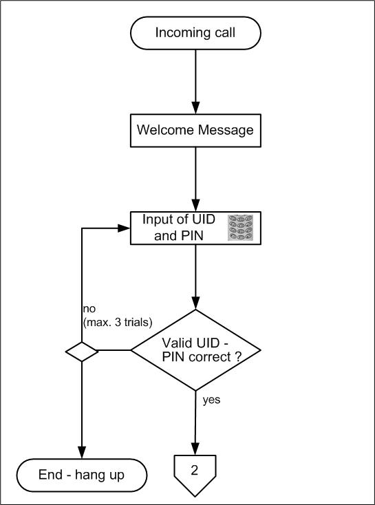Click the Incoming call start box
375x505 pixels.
pyautogui.click(x=195, y=33)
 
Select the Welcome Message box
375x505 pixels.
pyautogui.click(x=195, y=131)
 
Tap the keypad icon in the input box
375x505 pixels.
pyautogui.click(x=240, y=228)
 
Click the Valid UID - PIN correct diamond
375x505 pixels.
pyautogui.click(x=195, y=350)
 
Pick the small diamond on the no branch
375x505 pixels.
pyautogui.click(x=82, y=352)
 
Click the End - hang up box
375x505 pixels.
pyautogui.click(x=82, y=475)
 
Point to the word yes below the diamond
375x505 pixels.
pyautogui.click(x=211, y=400)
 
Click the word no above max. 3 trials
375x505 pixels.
pyautogui.click(x=89, y=309)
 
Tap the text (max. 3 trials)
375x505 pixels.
pyautogui.click(x=118, y=323)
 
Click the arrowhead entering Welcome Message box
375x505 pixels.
pyautogui.click(x=195, y=108)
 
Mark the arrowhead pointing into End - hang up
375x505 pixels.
pyautogui.click(x=82, y=453)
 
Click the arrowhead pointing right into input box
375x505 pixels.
pyautogui.click(x=124, y=228)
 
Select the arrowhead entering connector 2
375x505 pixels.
pyautogui.click(x=195, y=449)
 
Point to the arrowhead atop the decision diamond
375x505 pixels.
pyautogui.click(x=195, y=303)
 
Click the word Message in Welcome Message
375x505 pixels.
pyautogui.click(x=226, y=131)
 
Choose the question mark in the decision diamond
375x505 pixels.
pyautogui.click(x=238, y=357)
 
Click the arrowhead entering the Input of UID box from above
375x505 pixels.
pyautogui.click(x=195, y=205)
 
